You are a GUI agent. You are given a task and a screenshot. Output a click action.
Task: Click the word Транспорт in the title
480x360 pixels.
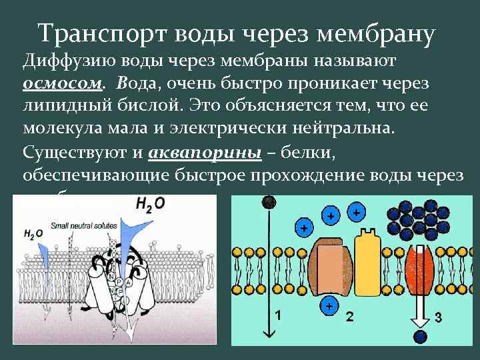click(x=98, y=32)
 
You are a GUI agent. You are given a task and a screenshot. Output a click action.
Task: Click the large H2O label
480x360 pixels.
click(x=151, y=204)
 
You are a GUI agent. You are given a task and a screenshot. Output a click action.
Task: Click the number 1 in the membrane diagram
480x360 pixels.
click(x=278, y=314)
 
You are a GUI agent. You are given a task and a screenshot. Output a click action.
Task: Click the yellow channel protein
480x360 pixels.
click(x=366, y=267)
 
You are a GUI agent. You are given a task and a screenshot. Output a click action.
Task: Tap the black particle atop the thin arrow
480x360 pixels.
click(x=269, y=201)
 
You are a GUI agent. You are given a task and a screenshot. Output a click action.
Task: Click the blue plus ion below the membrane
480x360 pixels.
click(x=329, y=306)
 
